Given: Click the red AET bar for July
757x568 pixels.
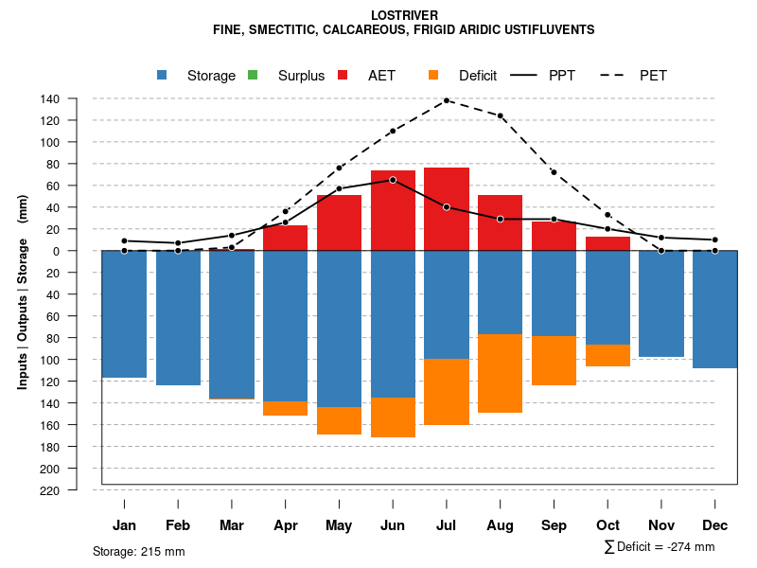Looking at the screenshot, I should pos(447,209).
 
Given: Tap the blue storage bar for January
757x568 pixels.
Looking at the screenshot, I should pos(124,313).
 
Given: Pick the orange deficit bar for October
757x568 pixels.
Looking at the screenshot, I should pos(608,355).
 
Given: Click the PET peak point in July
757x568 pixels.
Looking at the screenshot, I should pos(447,100).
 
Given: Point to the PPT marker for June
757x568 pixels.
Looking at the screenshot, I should pos(393,180).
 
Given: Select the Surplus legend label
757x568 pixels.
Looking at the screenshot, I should pos(301,76).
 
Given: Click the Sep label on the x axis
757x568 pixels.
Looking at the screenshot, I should pos(555,525).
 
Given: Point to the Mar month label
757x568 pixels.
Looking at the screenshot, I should pos(232,525).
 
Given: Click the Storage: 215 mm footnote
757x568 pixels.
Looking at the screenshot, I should pos(139,551).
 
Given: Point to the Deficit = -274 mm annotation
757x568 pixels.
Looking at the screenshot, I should pos(660,547).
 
